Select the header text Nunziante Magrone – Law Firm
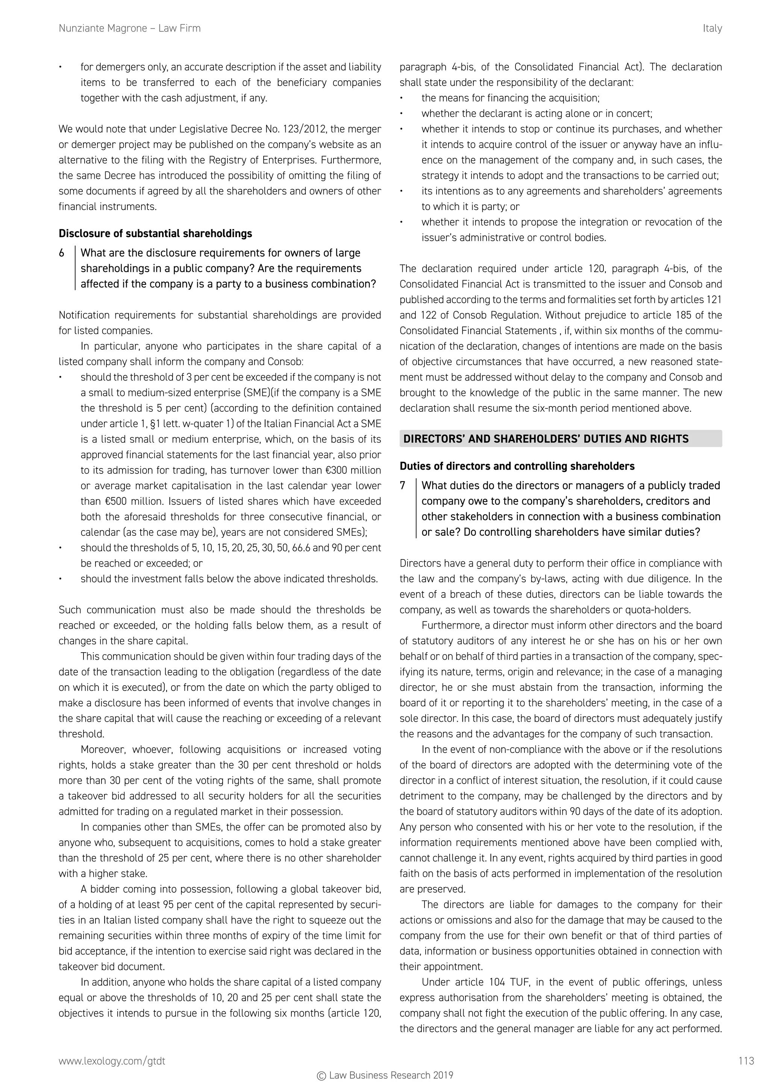pos(129,29)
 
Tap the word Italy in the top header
pos(712,29)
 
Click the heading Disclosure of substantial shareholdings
pos(155,233)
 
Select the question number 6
pos(62,253)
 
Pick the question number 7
pos(403,486)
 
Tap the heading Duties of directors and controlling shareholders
pos(517,466)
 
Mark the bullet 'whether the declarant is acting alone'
pos(536,114)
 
